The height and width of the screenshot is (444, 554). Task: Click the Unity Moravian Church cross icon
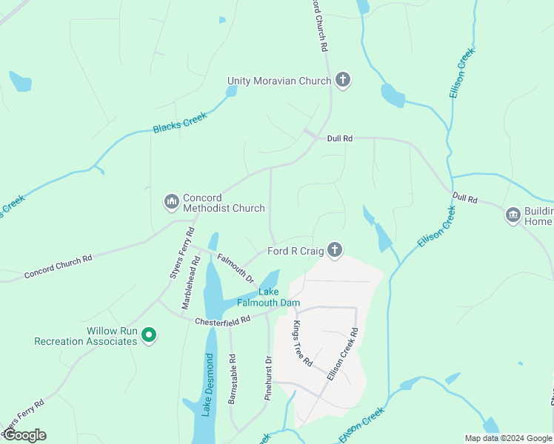pos(342,80)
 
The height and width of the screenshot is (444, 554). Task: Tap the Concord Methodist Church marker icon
pos(172,201)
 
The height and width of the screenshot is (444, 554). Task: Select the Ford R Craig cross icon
pos(335,251)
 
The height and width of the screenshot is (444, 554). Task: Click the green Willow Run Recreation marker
pos(148,336)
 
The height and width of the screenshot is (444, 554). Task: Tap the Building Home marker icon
pos(513,215)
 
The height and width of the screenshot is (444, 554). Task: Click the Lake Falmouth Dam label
pos(267,297)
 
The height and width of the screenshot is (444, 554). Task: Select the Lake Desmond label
pos(208,385)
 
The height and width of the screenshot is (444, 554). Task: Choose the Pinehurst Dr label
pos(268,379)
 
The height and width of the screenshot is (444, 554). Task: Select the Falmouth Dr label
pos(236,268)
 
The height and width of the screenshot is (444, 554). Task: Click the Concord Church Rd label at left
pos(58,267)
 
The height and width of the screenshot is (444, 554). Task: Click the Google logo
pos(24,435)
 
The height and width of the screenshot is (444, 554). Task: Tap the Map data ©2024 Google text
pos(507,438)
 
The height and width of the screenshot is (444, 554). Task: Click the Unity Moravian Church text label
pos(278,81)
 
